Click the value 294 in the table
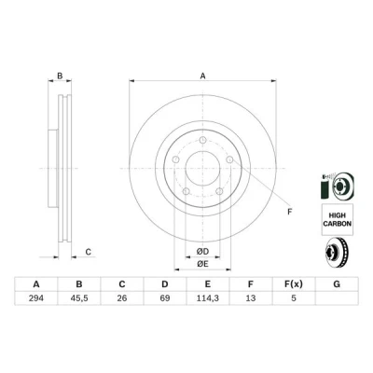36,298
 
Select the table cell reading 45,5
79,298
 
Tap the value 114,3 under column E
208,298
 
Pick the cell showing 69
165,298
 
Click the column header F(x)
294,284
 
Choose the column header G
337,284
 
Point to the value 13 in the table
251,298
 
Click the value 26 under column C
122,298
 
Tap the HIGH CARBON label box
338,219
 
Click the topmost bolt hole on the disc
202,140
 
